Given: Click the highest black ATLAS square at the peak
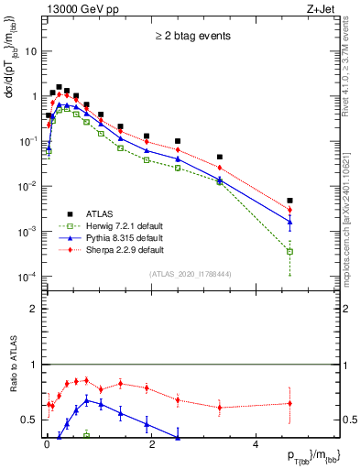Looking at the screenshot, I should pyautogui.click(x=59, y=87).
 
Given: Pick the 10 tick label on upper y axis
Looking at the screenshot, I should pyautogui.click(x=31, y=51).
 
